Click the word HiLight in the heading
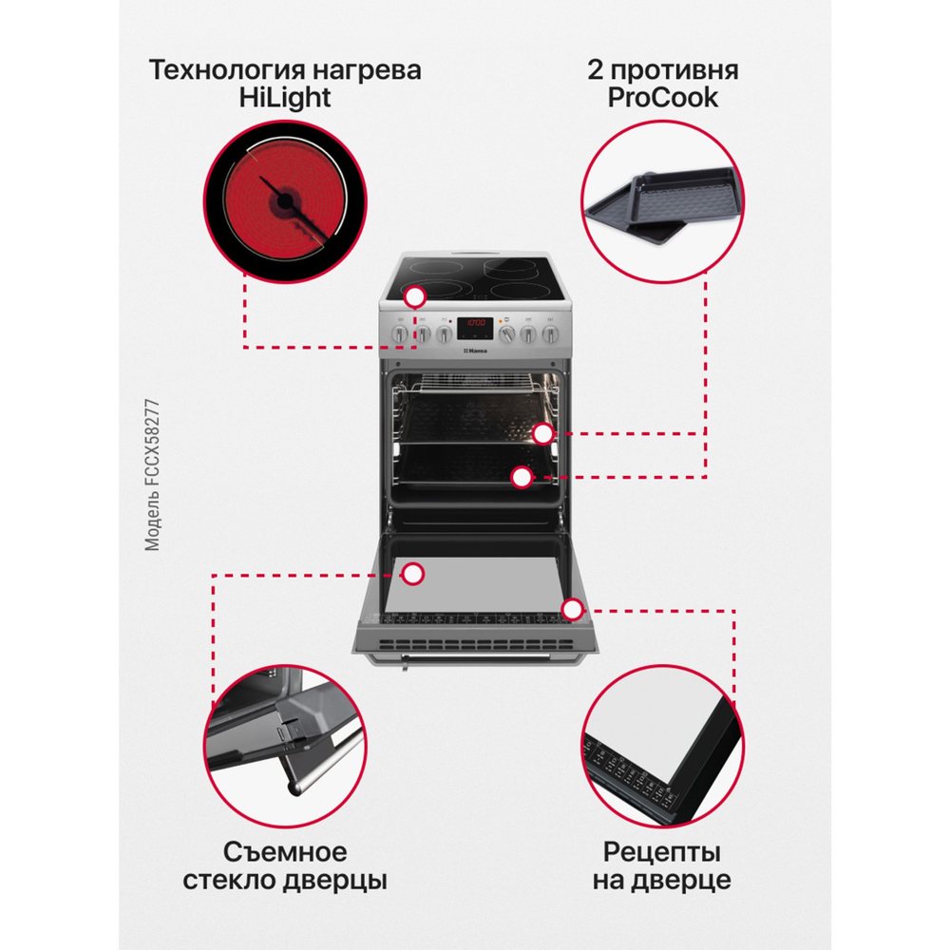click(285, 98)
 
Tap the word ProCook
click(662, 98)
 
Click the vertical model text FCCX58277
click(153, 475)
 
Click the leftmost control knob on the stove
click(400, 333)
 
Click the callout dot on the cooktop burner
click(413, 297)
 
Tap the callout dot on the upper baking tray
click(542, 434)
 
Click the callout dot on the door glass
click(412, 573)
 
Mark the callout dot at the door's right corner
click(571, 609)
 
